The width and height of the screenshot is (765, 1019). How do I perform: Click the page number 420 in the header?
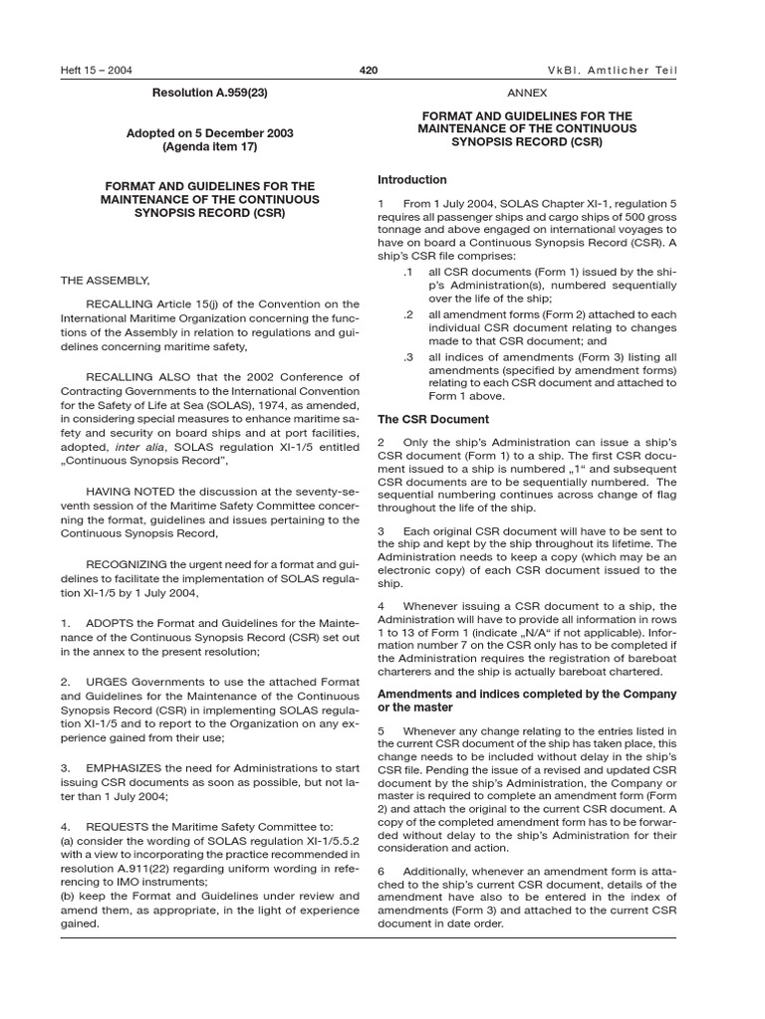pyautogui.click(x=368, y=71)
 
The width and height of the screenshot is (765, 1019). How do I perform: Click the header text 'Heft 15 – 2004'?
pyautogui.click(x=97, y=71)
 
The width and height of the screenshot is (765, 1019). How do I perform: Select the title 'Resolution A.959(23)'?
pyautogui.click(x=209, y=93)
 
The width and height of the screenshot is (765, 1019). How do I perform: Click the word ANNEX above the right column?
pyautogui.click(x=527, y=93)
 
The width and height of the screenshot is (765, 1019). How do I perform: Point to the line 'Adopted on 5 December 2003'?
pyautogui.click(x=209, y=132)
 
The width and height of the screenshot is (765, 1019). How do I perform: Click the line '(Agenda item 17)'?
pyautogui.click(x=209, y=146)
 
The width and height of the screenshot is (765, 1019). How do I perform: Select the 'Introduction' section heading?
pyautogui.click(x=412, y=180)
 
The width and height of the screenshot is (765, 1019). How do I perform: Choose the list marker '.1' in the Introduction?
pyautogui.click(x=407, y=272)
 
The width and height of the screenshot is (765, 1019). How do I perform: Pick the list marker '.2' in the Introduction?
pyautogui.click(x=407, y=313)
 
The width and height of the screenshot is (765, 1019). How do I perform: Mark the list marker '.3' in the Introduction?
pyautogui.click(x=407, y=355)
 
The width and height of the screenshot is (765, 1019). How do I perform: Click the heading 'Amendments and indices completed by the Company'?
pyautogui.click(x=527, y=693)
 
